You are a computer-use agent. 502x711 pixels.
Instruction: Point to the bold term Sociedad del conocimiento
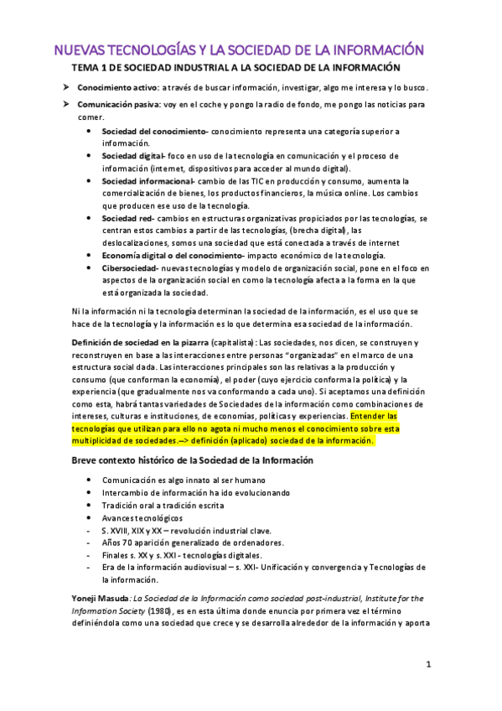pos(153,132)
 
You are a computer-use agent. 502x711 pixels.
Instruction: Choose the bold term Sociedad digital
pos(132,156)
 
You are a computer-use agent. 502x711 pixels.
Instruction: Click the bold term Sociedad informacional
pos(147,181)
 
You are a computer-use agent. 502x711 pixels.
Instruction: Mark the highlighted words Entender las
pos(374,416)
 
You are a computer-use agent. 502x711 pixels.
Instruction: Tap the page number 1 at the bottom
pos(428,665)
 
